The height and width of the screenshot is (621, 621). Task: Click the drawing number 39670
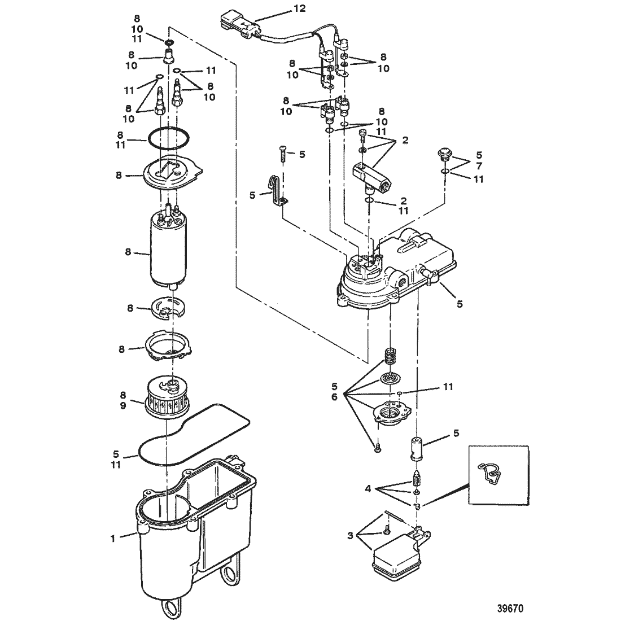510,607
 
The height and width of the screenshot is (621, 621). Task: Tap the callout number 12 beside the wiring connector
300,8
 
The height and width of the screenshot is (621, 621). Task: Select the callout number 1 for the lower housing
113,539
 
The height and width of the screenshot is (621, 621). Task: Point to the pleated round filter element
167,399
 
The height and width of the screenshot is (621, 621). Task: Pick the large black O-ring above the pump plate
168,139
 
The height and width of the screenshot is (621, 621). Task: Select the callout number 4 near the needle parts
368,489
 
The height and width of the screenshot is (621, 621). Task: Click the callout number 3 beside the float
350,536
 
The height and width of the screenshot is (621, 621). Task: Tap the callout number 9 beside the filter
123,405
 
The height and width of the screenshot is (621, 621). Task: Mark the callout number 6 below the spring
334,396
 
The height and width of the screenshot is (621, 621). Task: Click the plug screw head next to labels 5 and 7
443,154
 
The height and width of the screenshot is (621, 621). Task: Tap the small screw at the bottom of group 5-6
378,449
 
